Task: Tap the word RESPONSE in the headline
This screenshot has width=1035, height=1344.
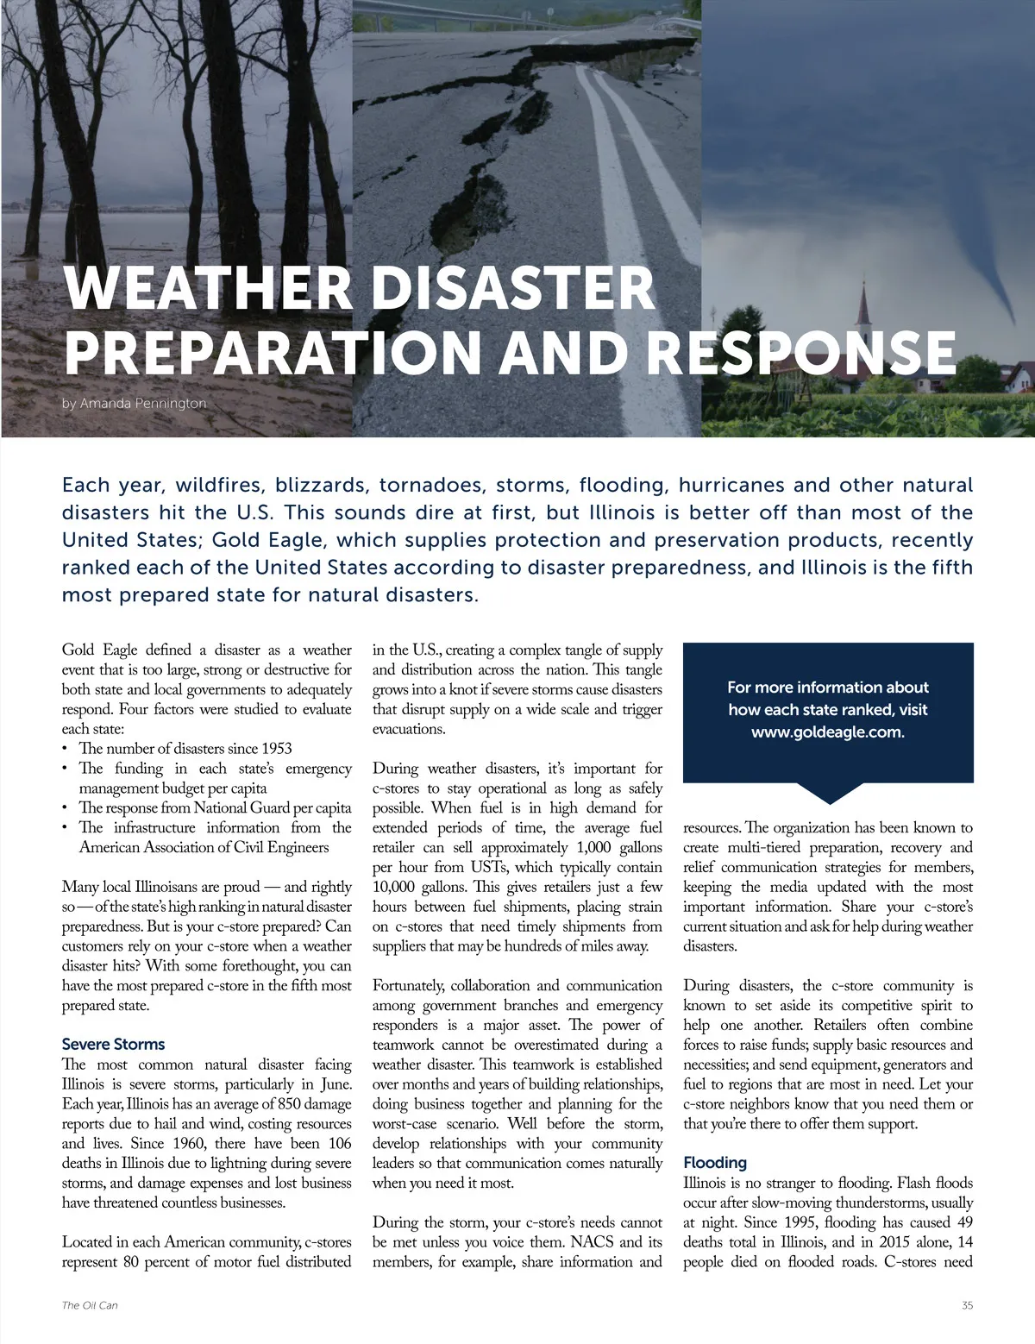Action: click(801, 353)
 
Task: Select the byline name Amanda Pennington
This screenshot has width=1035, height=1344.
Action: click(143, 403)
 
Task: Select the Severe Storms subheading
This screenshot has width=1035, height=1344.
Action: click(113, 1044)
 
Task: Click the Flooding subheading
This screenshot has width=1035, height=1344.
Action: click(715, 1162)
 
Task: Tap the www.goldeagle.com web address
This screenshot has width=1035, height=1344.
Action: click(827, 732)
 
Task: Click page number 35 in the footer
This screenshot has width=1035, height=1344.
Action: click(967, 1305)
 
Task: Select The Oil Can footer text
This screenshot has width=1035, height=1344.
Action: click(90, 1305)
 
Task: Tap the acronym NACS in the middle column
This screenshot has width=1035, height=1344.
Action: click(594, 1242)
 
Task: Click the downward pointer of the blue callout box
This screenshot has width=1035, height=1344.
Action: click(828, 793)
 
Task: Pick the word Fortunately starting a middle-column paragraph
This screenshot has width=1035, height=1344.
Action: click(408, 985)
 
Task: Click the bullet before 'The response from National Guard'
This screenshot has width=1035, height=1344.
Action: click(66, 808)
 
